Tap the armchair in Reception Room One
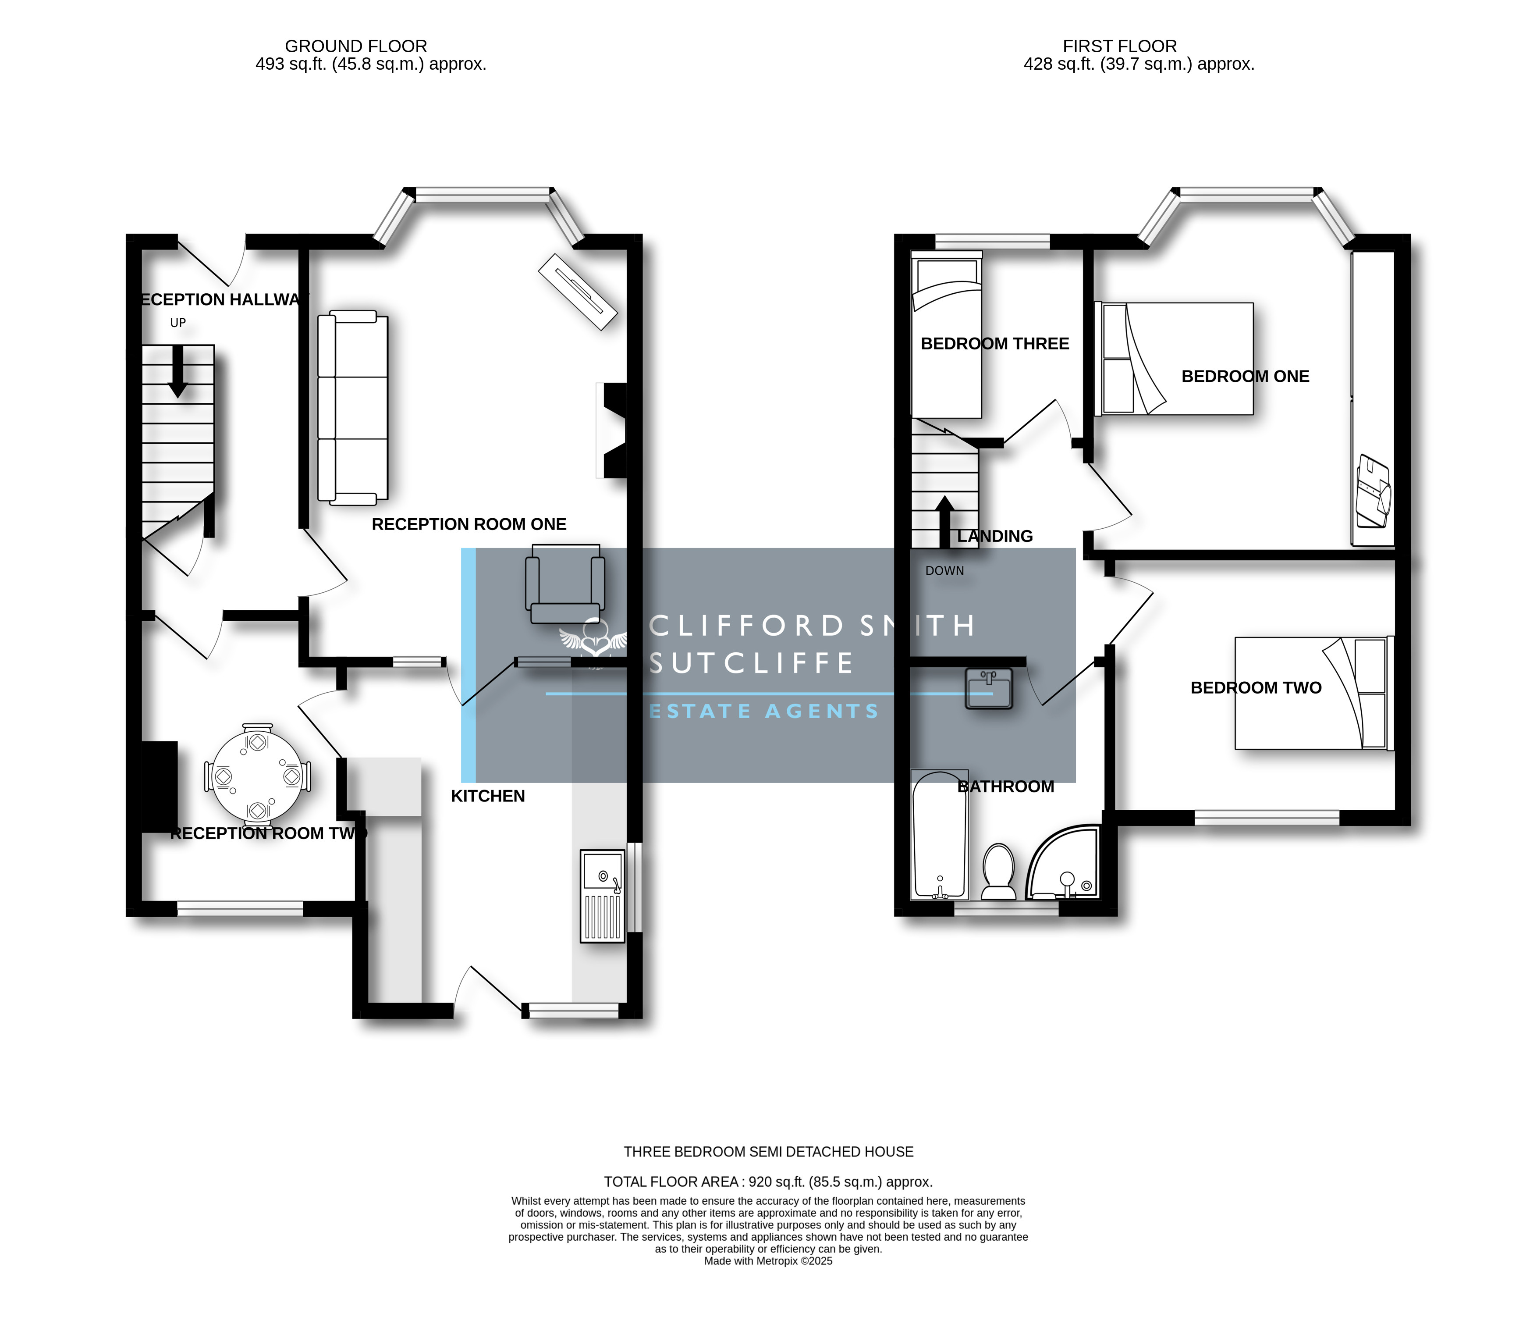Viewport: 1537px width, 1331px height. coord(565,584)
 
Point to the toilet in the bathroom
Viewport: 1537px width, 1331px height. coord(999,872)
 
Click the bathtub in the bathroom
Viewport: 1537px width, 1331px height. coord(939,834)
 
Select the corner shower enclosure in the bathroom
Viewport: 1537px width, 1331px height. coord(1062,861)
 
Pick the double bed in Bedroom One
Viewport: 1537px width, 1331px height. coord(1174,359)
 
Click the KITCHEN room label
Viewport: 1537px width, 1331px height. coord(488,796)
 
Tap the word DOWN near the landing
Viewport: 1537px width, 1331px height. coord(944,570)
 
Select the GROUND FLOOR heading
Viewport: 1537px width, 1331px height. coord(356,46)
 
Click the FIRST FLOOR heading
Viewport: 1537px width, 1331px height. coord(1120,46)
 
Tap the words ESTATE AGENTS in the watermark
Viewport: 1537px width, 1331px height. coord(764,712)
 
